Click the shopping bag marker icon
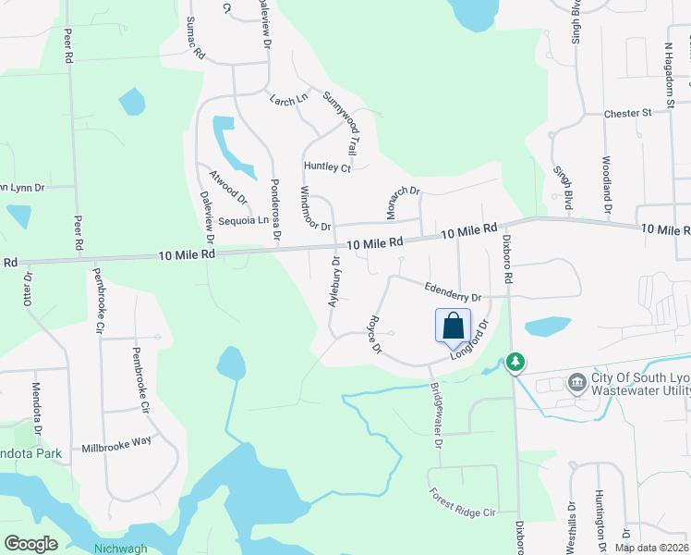coord(453,327)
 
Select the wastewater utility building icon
coord(578,381)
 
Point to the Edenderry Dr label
coord(453,292)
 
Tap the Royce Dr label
coord(374,336)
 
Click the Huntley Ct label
coord(327,167)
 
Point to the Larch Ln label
coord(287,99)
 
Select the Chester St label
coord(628,113)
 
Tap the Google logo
coord(31,543)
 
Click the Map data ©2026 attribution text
coord(651,548)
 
